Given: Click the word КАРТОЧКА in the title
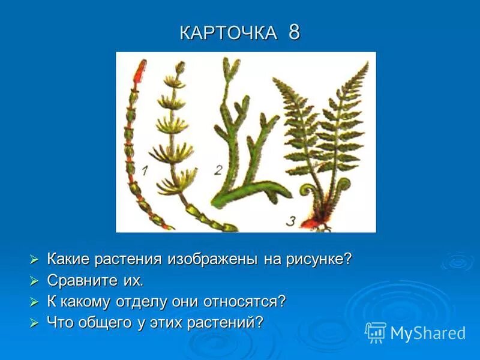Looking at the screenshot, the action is (x=229, y=32).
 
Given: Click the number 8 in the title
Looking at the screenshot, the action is (x=294, y=32).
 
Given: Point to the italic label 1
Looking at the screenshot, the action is (x=144, y=170).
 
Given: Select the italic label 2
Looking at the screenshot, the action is (x=218, y=170).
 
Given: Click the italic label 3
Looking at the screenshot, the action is (x=291, y=221).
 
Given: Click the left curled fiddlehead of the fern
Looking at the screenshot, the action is (x=308, y=191).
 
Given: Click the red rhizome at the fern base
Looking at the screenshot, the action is (x=311, y=223).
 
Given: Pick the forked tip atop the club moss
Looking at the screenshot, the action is (x=231, y=69).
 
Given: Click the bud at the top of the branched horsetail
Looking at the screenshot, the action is (x=180, y=67).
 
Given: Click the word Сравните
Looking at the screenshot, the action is (x=82, y=280).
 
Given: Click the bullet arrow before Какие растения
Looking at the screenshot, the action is (x=34, y=260).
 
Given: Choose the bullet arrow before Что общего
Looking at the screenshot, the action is (x=34, y=323).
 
